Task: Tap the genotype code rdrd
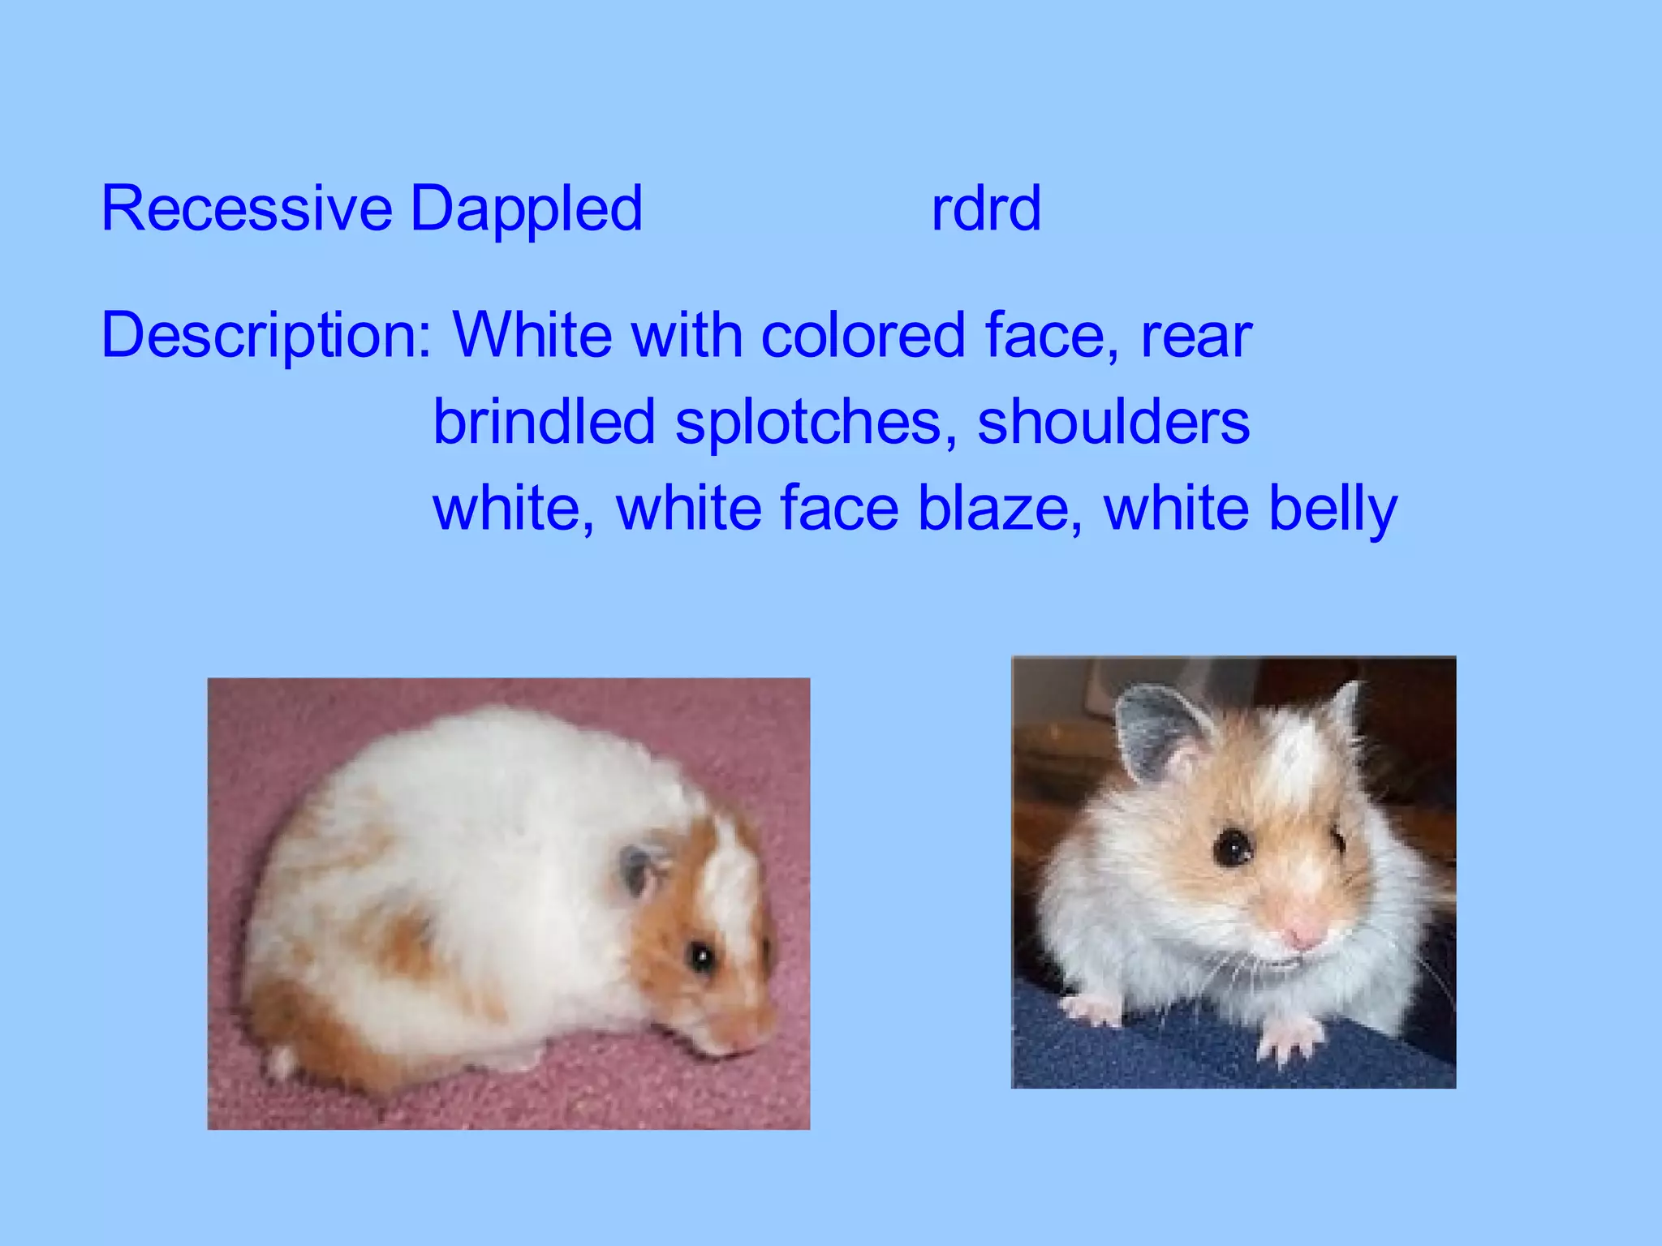(985, 209)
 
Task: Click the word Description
(265, 336)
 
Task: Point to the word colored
(863, 335)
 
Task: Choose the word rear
(1196, 336)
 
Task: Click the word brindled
(544, 422)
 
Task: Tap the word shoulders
(1113, 422)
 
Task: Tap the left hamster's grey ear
(637, 870)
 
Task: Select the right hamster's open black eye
(1234, 849)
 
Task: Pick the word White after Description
(532, 335)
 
